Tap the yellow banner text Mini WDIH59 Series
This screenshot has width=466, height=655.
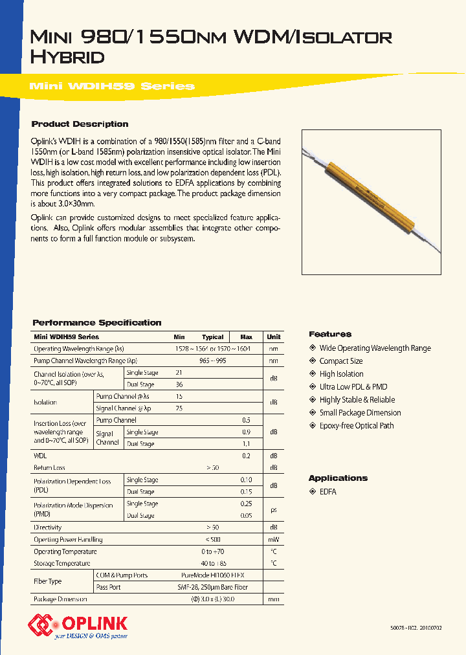[x=113, y=86]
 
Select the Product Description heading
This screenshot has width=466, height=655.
[x=80, y=124]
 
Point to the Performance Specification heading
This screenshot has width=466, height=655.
[x=96, y=322]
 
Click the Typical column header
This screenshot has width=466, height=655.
[x=212, y=337]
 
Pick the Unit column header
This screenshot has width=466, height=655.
[x=274, y=337]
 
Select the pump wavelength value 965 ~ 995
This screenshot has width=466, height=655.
[x=212, y=361]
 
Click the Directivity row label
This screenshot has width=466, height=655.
[x=48, y=527]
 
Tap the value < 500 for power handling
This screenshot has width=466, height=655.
[x=212, y=540]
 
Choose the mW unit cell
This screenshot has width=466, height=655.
[x=274, y=540]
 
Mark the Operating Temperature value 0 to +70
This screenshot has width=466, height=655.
[x=212, y=551]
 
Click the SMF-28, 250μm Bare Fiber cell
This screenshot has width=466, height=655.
[x=212, y=587]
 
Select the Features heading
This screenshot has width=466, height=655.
[x=330, y=334]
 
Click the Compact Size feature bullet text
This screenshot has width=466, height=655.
[x=341, y=361]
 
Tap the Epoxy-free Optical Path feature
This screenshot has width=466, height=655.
[x=357, y=426]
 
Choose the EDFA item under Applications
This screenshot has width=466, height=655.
[x=328, y=492]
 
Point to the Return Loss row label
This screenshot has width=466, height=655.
[x=50, y=467]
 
